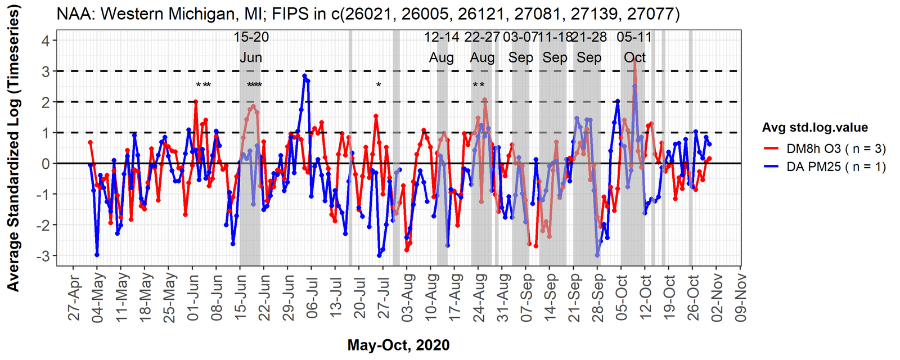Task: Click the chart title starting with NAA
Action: (368, 13)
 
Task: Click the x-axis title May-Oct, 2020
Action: (398, 345)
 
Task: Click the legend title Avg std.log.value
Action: (814, 128)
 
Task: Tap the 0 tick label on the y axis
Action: (46, 164)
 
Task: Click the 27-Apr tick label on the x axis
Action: (74, 298)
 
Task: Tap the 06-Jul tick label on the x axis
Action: (312, 298)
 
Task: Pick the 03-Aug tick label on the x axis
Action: (407, 298)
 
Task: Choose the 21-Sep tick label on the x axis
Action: (574, 298)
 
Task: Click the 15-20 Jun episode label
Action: (251, 47)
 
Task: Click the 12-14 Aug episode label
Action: (442, 47)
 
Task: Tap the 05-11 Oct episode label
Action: (634, 47)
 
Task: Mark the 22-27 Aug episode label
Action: (482, 47)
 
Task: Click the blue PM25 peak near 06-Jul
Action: (304, 76)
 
